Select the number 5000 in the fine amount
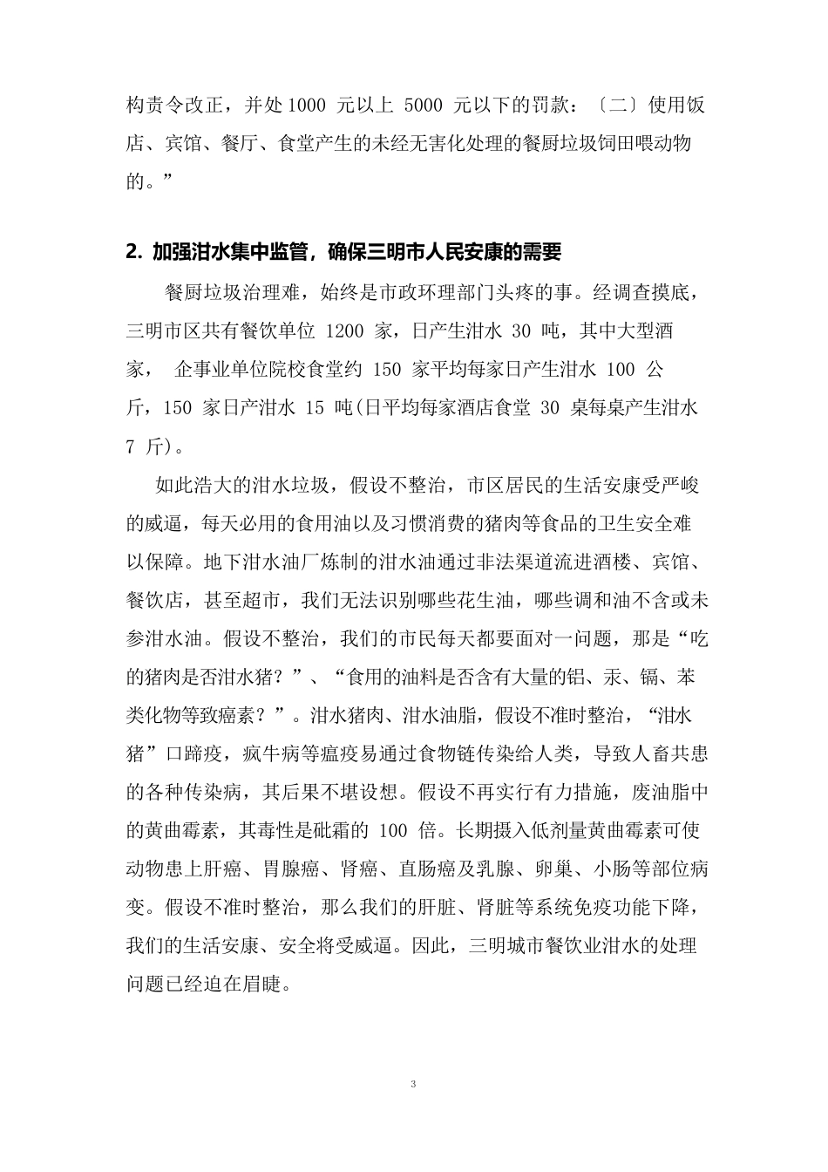tap(426, 106)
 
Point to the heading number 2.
tap(132, 253)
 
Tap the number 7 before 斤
tap(131, 447)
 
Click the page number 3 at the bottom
tap(414, 1086)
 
